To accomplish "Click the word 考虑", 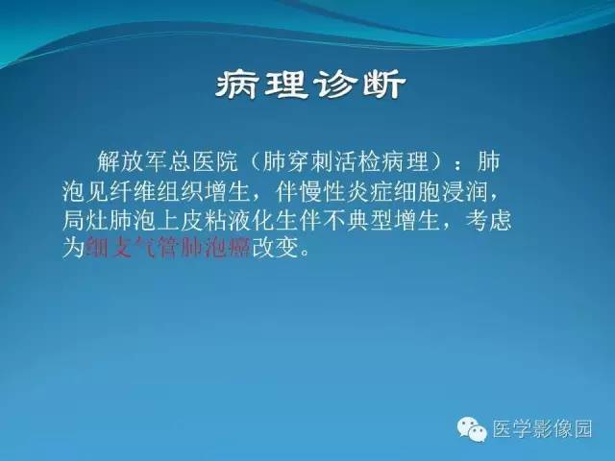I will [x=490, y=220].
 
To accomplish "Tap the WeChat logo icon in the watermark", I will [x=472, y=430].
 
